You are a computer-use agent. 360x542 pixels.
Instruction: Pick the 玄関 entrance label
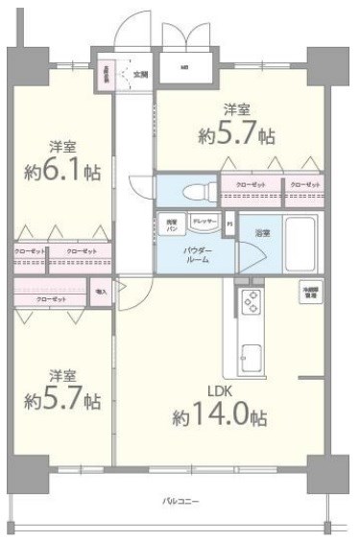coord(140,74)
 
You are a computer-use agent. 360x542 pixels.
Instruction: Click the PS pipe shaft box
coord(228,226)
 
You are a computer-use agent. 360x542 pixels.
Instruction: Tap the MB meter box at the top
coord(184,67)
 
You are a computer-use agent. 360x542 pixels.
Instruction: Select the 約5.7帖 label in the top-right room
coord(227,122)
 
